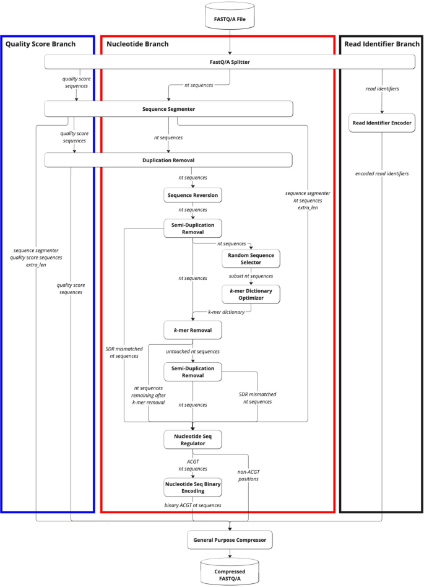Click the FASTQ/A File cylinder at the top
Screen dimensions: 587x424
point(230,19)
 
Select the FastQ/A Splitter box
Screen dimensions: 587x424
point(230,61)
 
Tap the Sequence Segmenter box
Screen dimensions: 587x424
point(168,109)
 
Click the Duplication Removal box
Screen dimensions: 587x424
point(168,160)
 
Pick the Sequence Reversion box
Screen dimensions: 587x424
point(193,195)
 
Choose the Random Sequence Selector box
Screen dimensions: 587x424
point(250,258)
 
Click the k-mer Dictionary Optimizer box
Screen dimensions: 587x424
point(250,293)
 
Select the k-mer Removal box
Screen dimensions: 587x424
point(193,330)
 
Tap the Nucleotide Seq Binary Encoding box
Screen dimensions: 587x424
point(193,487)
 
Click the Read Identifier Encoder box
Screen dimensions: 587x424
point(381,123)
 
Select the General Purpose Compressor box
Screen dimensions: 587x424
point(230,540)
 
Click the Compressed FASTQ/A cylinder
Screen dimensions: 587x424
point(230,571)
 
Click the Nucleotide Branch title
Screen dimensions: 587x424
point(137,44)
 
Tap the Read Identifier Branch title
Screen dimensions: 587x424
point(381,44)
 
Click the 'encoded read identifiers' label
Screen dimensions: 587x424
point(381,173)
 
